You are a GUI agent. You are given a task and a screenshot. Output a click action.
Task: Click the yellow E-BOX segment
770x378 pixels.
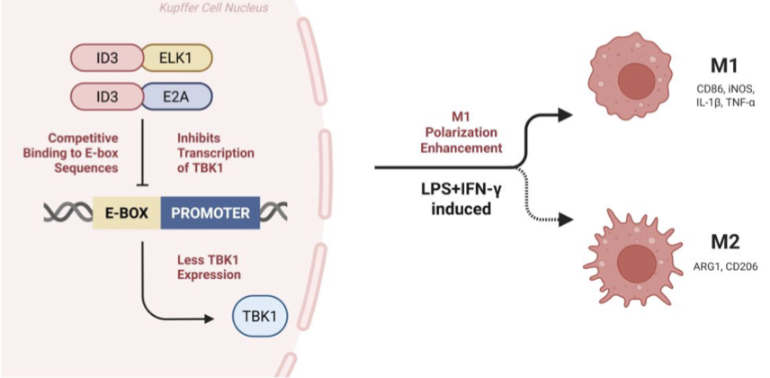(126, 213)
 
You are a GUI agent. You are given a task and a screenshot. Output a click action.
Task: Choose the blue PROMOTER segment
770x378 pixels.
(210, 213)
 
